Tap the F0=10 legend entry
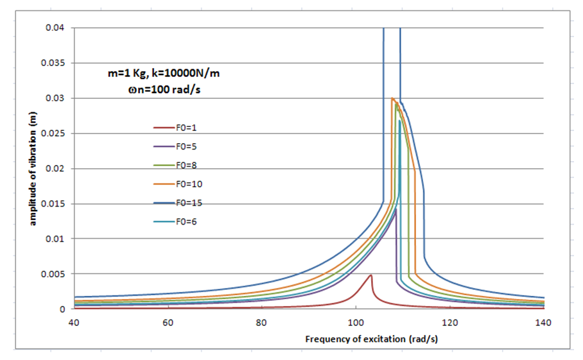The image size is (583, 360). tap(187, 184)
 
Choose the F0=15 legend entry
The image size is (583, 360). tap(187, 203)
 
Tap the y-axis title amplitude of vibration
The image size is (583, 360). tap(30, 168)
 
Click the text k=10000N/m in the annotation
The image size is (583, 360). tap(192, 74)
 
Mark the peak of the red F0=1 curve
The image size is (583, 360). tap(370, 275)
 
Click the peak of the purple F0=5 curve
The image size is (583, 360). tap(396, 209)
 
